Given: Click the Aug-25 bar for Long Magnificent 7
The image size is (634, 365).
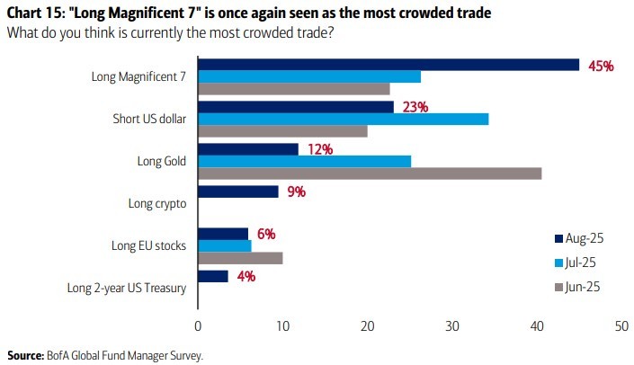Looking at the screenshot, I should coord(388,65).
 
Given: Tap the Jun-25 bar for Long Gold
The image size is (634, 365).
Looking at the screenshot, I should coord(369,173).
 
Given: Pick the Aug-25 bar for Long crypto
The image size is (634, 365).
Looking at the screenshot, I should coord(237,191).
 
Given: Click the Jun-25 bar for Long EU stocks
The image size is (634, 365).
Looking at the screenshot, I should coord(240,258).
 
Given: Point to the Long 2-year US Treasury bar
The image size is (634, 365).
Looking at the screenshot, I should coord(212,276).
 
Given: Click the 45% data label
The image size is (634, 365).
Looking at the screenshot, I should coord(600,66).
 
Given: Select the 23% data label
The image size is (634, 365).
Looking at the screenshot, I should coord(415,107).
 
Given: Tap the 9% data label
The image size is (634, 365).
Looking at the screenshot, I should coord(297,191).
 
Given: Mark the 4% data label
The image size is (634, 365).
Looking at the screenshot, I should coord(246,276).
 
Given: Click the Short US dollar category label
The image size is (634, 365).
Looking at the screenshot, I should coord(148,120).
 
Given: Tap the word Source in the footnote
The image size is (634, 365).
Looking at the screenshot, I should coord(24,355).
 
